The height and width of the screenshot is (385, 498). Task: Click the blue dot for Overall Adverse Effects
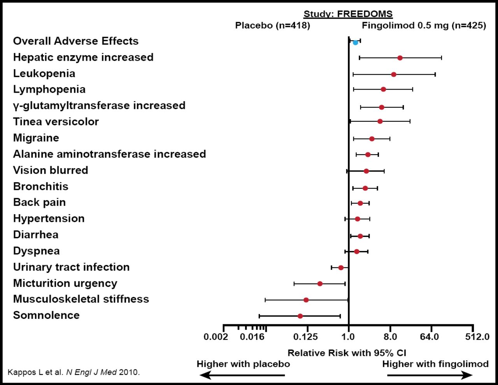pyautogui.click(x=355, y=42)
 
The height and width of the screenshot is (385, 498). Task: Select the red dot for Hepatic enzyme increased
pyautogui.click(x=400, y=58)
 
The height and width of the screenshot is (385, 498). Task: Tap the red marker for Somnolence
pyautogui.click(x=300, y=316)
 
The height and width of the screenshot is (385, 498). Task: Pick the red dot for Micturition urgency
pyautogui.click(x=320, y=283)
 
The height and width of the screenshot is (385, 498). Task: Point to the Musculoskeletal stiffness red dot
pyautogui.click(x=306, y=300)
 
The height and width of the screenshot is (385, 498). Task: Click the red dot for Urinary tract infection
pyautogui.click(x=341, y=267)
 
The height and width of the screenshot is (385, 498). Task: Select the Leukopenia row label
pyautogui.click(x=44, y=74)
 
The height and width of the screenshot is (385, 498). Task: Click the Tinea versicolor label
pyautogui.click(x=56, y=122)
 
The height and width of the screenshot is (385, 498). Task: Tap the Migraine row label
pyautogui.click(x=36, y=138)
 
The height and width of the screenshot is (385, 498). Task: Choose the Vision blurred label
pyautogui.click(x=51, y=171)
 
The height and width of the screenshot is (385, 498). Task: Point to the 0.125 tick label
pyautogui.click(x=307, y=337)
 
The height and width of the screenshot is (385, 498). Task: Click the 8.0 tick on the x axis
pyautogui.click(x=390, y=337)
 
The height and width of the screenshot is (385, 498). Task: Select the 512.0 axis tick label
pyautogui.click(x=477, y=337)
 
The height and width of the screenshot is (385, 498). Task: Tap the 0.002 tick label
pyautogui.click(x=216, y=337)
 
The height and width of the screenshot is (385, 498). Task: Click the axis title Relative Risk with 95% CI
pyautogui.click(x=347, y=353)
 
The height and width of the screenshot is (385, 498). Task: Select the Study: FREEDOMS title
pyautogui.click(x=348, y=14)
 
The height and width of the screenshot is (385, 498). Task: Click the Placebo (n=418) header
pyautogui.click(x=272, y=26)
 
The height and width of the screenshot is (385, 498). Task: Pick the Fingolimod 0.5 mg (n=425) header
pyautogui.click(x=424, y=26)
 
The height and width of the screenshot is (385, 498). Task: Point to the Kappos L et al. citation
pyautogui.click(x=74, y=372)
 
